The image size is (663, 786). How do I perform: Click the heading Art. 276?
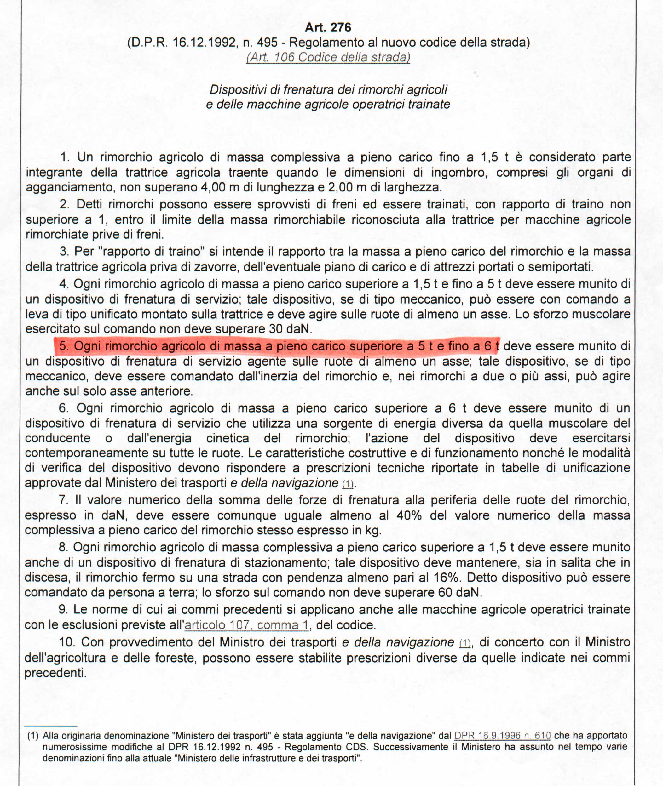328,27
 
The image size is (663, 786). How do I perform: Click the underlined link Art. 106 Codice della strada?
328,57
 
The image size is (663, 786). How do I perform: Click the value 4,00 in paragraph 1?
213,187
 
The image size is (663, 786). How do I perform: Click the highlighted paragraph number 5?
64,345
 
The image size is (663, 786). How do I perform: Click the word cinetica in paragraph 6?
228,438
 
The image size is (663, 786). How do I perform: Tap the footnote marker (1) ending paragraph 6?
348,484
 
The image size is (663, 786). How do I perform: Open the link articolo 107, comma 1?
246,625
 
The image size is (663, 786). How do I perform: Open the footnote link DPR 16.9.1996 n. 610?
502,736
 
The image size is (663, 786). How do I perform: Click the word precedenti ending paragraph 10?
55,673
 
